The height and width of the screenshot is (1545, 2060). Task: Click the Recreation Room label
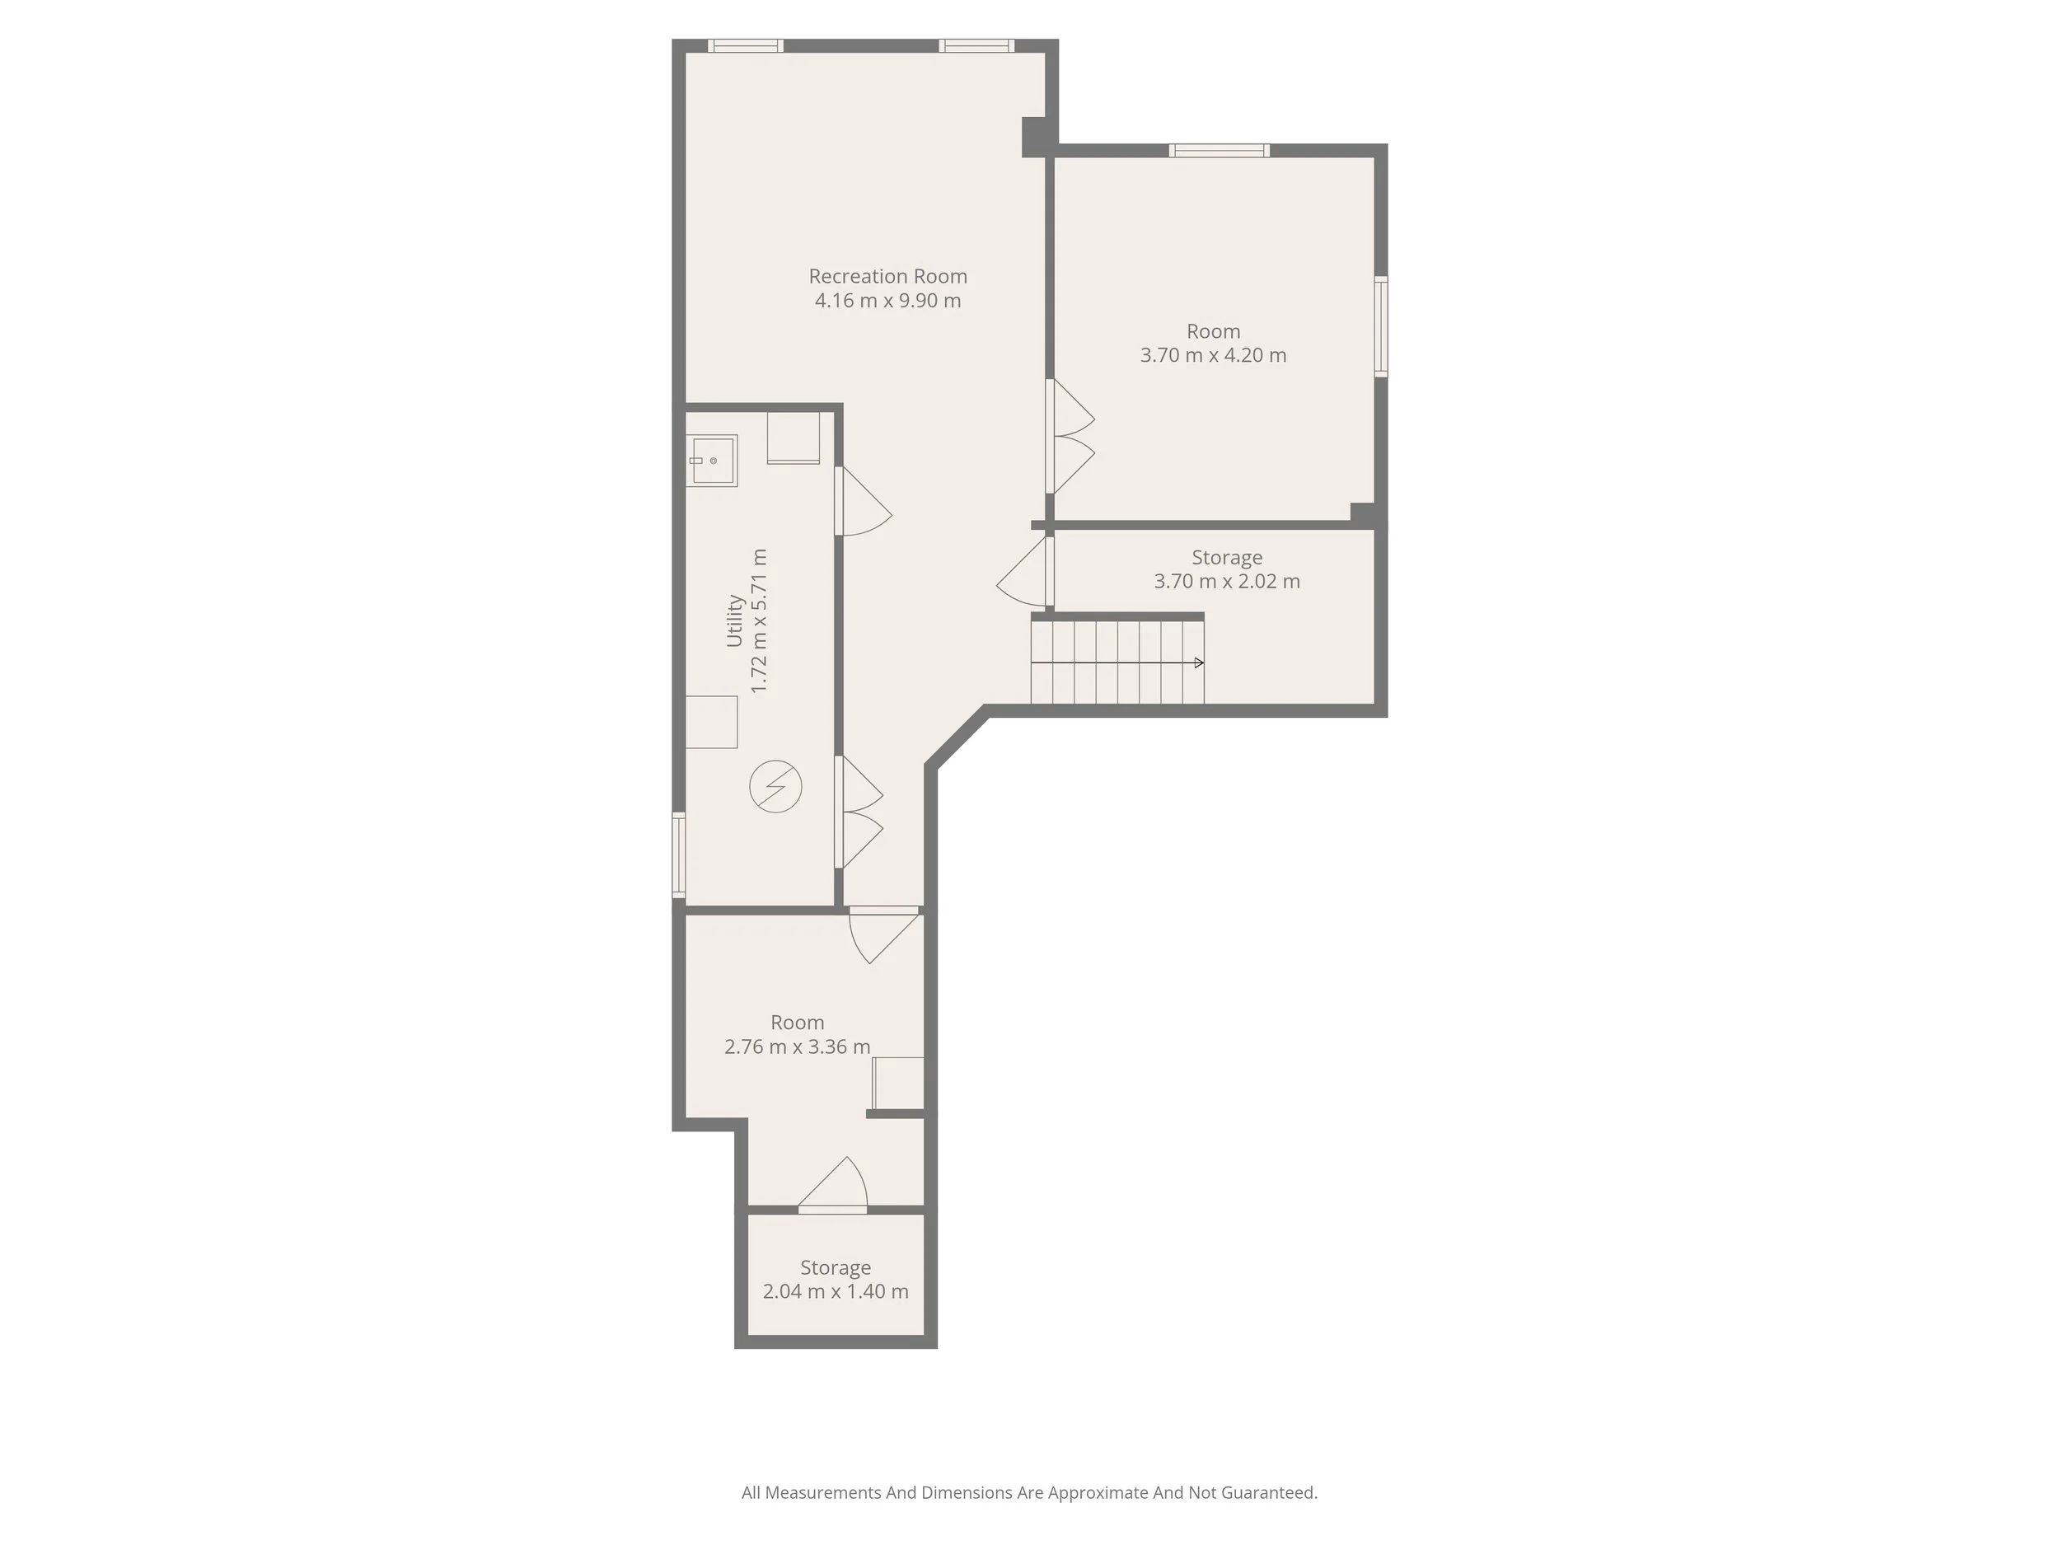[x=887, y=277]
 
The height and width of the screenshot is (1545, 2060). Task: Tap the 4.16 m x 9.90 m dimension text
[x=887, y=301]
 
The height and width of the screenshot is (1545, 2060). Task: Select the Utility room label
[x=734, y=621]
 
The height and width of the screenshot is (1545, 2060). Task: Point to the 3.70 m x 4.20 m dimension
[x=1213, y=356]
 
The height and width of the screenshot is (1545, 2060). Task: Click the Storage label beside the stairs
[x=1226, y=558]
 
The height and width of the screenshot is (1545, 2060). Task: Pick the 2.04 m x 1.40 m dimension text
[x=836, y=1292]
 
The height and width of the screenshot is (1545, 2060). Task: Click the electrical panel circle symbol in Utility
[x=775, y=787]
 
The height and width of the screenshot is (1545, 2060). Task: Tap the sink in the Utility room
[x=713, y=461]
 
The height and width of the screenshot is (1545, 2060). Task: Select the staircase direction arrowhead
[x=1199, y=663]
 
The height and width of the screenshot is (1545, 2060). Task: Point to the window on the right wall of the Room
[x=1381, y=326]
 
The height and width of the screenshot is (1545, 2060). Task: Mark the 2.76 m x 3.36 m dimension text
[x=797, y=1046]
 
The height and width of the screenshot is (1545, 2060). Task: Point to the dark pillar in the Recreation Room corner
[x=1034, y=137]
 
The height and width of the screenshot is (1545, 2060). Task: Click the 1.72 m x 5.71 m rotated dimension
[x=759, y=621]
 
